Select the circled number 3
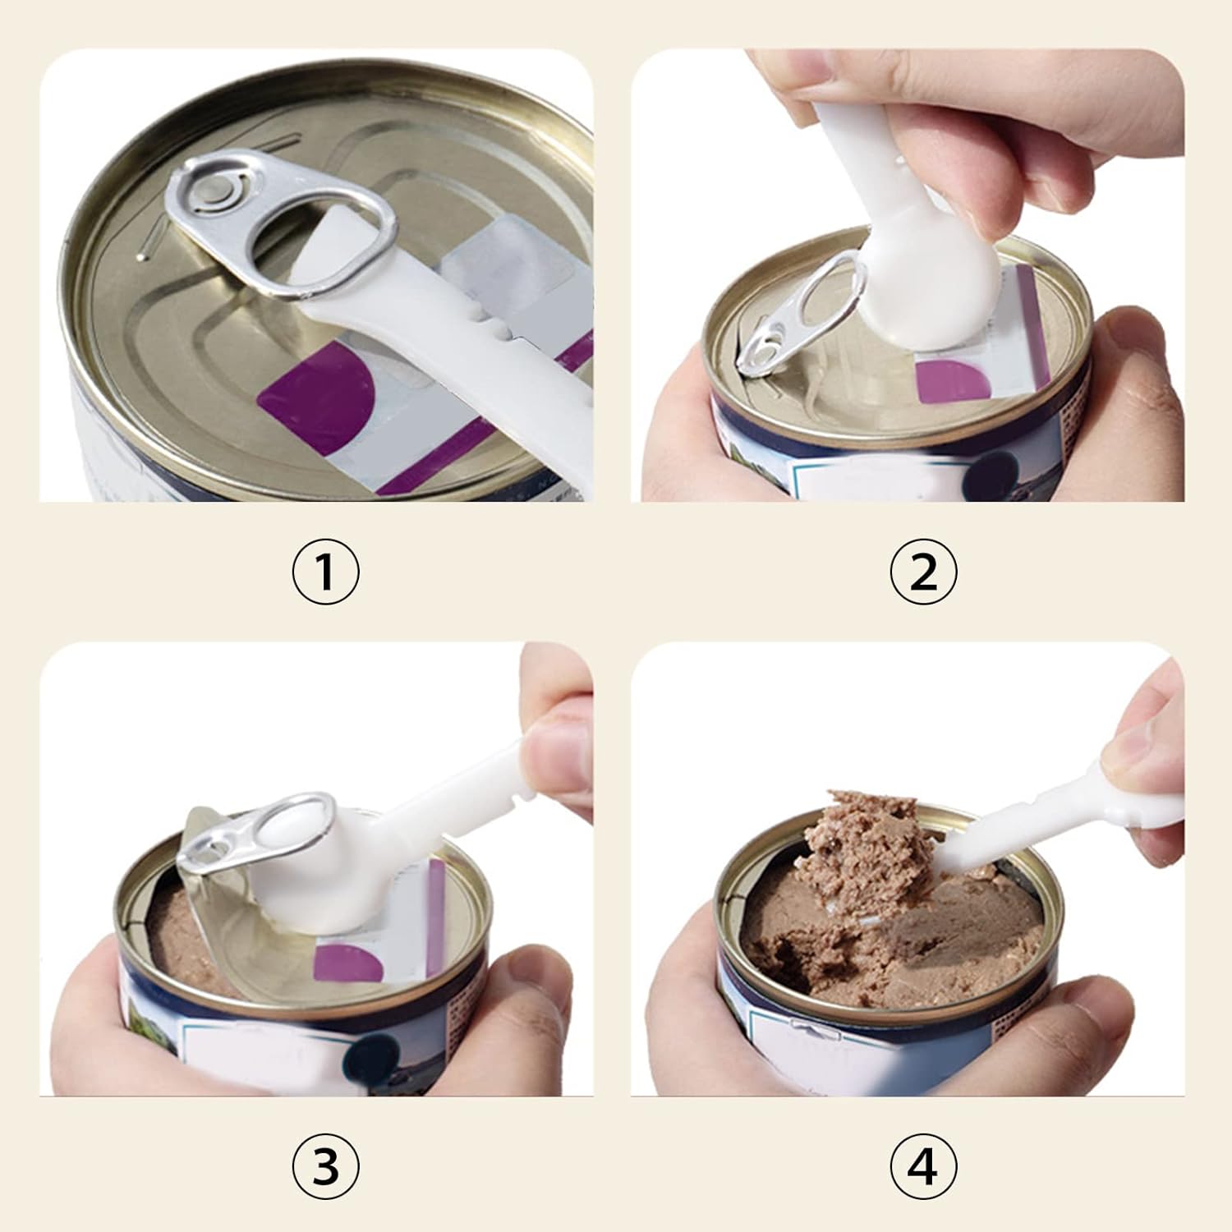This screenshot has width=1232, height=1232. [325, 1164]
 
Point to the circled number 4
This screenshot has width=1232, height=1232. [924, 1164]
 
